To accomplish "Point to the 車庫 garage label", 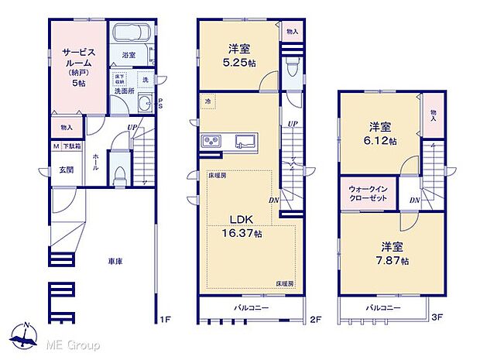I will pyautogui.click(x=115, y=262).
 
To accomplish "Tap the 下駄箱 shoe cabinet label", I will pyautogui.click(x=71, y=146).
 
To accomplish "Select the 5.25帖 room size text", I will pyautogui.click(x=238, y=63).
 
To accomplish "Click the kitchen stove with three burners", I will pyautogui.click(x=211, y=141).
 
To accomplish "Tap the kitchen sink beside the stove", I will pyautogui.click(x=247, y=141).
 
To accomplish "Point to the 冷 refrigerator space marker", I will pyautogui.click(x=207, y=101).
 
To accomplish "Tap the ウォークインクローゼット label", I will pyautogui.click(x=367, y=194).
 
